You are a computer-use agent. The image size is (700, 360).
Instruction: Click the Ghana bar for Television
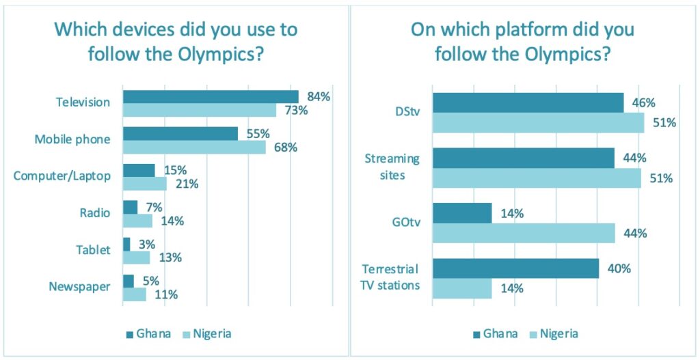tap(211, 96)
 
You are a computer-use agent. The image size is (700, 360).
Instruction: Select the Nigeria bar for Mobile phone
tap(194, 146)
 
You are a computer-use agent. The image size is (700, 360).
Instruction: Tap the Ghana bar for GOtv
tap(462, 213)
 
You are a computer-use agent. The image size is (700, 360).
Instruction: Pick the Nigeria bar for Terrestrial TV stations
tap(462, 288)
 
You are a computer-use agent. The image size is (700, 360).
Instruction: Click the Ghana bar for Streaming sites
tap(524, 158)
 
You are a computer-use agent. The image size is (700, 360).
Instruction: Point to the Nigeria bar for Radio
tap(137, 221)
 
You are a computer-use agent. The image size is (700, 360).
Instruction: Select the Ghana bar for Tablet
tap(126, 244)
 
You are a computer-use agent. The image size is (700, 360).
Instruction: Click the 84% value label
tap(319, 97)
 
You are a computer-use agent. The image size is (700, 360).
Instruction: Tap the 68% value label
tap(286, 147)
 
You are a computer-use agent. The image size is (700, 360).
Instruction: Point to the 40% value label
tap(619, 268)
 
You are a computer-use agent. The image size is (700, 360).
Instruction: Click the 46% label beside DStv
tap(643, 103)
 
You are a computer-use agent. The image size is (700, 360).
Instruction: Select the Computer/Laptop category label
tap(62, 176)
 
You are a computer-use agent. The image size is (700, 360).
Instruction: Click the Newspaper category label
tap(79, 287)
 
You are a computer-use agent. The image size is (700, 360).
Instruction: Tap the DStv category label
tap(405, 113)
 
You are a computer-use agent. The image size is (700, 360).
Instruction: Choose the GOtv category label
tap(404, 223)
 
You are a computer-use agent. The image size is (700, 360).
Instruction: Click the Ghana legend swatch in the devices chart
tap(131, 334)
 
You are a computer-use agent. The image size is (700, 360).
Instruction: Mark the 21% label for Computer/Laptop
tap(187, 184)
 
